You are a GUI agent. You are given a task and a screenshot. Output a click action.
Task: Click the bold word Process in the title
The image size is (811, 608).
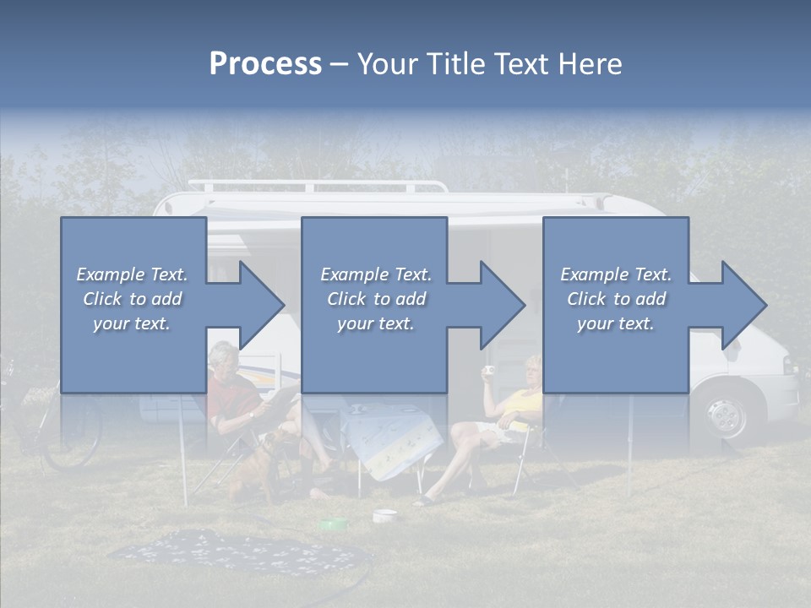[x=265, y=64]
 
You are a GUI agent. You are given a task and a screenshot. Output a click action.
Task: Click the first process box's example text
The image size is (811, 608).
[x=132, y=299]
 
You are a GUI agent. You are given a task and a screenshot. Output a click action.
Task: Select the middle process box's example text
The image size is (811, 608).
[x=376, y=299]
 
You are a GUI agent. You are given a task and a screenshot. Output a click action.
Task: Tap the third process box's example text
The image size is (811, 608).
[x=616, y=299]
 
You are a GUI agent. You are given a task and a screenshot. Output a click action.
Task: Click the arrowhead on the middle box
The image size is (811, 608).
[x=498, y=305]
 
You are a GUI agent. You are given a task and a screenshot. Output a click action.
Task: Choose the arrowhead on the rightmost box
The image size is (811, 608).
[x=738, y=305]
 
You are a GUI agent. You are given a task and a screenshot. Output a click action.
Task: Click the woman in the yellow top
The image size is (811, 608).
[x=507, y=422]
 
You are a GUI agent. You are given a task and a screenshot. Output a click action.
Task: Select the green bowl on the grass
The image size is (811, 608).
[x=333, y=524]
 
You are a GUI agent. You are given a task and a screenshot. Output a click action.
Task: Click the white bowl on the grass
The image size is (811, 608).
[x=385, y=514]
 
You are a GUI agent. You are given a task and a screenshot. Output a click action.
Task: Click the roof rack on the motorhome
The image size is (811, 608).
[x=317, y=185]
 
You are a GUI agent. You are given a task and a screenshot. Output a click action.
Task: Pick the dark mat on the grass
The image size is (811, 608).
[x=237, y=553]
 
